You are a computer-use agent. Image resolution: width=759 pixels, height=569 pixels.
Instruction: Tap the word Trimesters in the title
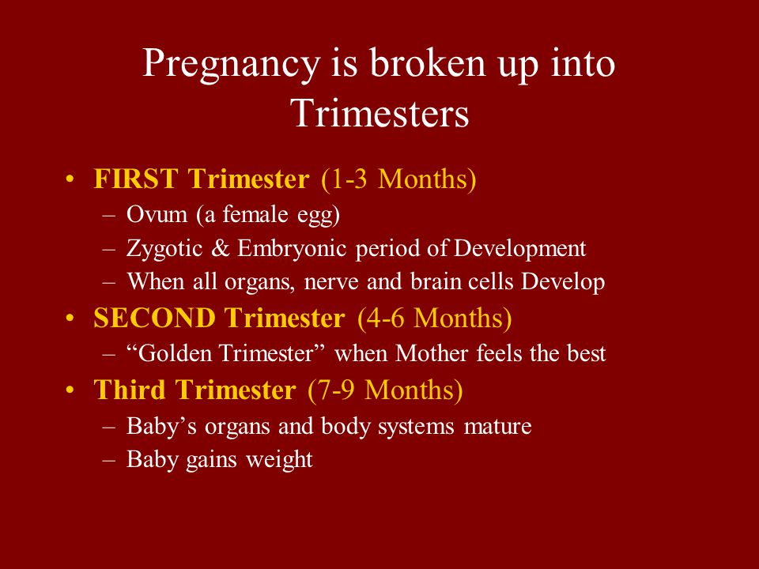pyautogui.click(x=380, y=113)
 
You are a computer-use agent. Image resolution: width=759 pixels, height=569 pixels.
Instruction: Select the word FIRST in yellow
pyautogui.click(x=136, y=179)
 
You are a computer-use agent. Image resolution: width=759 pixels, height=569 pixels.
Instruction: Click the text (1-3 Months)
pyautogui.click(x=398, y=179)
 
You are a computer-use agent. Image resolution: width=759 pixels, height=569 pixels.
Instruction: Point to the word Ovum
pyautogui.click(x=157, y=214)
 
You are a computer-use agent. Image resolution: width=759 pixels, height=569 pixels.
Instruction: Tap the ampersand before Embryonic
pyautogui.click(x=221, y=248)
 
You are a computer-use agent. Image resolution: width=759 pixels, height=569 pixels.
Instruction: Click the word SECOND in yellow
pyautogui.click(x=154, y=318)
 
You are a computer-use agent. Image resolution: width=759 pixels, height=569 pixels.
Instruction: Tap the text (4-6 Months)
pyautogui.click(x=435, y=318)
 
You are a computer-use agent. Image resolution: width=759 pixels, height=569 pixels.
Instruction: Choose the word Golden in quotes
pyautogui.click(x=176, y=352)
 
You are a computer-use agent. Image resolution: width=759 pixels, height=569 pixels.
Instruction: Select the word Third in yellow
pyautogui.click(x=130, y=390)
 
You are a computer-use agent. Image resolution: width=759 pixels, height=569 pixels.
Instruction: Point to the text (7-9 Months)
pyautogui.click(x=385, y=390)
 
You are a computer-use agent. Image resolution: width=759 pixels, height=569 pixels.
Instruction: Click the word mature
pyautogui.click(x=497, y=427)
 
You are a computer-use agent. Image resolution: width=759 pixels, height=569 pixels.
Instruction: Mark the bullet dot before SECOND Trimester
pyautogui.click(x=70, y=318)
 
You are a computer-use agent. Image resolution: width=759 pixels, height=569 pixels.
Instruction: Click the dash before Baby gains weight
pyautogui.click(x=109, y=460)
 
